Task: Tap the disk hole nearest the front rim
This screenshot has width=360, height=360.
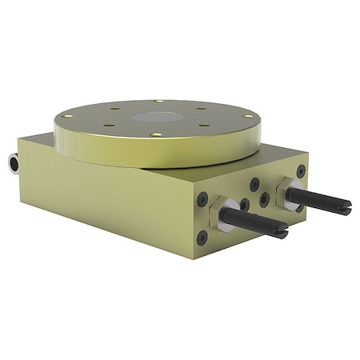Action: (156, 135)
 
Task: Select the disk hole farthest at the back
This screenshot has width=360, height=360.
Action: (159, 101)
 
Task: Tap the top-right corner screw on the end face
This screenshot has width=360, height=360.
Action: (301, 170)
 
